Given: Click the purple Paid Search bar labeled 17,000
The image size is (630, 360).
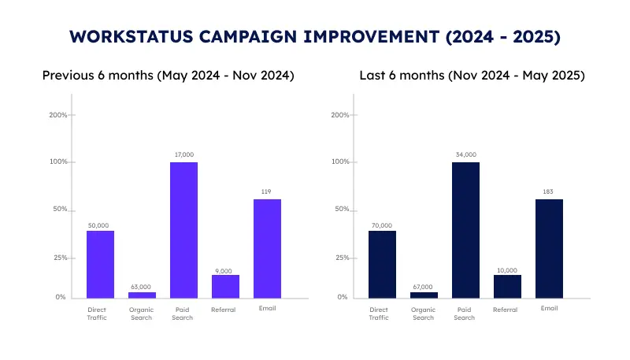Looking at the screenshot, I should pos(183,230).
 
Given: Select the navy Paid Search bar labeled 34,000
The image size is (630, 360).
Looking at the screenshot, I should pos(465,230).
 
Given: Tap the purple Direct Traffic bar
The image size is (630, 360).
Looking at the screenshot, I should pos(100,265).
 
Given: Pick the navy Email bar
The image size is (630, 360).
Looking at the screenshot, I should pos(549,249).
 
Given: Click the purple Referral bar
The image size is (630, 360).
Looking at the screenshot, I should pos(225,287).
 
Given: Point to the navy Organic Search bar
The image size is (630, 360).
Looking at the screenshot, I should pos(424,295).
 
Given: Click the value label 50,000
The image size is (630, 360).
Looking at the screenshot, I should pos(100,225).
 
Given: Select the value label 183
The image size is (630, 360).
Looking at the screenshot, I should pos(549,192).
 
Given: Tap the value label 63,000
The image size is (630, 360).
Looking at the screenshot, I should pos(142,287).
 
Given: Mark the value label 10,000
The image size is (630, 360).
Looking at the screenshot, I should pos(507,269).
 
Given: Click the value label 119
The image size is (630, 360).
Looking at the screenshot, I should pos(267,192).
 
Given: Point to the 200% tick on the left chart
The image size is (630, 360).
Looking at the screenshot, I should pos(57,115).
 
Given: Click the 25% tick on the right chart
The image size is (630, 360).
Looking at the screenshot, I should pos(339,258).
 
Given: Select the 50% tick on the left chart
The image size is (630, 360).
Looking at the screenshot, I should pos(59,210).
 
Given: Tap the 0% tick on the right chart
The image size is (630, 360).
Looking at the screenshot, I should pos(341,298).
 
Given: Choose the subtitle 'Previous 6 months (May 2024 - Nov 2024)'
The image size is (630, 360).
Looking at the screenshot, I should pos(168,76).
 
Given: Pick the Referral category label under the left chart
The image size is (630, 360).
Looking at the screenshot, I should pos(224,310).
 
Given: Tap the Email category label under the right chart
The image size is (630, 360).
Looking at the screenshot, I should pos(549,309).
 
